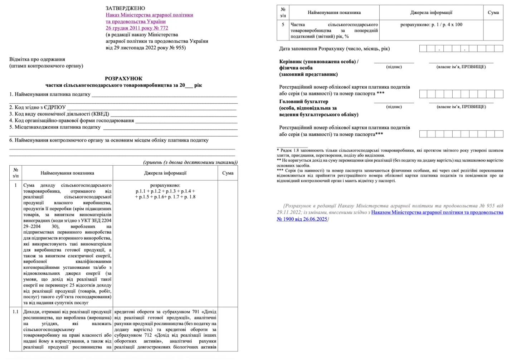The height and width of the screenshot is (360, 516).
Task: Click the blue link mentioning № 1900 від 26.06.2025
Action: pos(437,213)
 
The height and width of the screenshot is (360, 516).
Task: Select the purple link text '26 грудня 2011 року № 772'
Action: pos(137,28)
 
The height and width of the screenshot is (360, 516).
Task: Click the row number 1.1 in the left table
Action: pos(15,312)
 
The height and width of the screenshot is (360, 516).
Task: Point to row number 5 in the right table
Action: pos(283,25)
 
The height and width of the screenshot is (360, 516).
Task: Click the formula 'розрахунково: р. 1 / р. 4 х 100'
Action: pos(431,25)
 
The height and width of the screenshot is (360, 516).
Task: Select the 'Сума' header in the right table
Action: pos(493,13)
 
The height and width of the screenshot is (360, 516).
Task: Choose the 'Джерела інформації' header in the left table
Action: pos(165,173)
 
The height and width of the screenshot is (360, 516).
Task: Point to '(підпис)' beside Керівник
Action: pos(394,67)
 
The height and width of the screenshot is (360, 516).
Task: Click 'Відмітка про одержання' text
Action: pos(37,59)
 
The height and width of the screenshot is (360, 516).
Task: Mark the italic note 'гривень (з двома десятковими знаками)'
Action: pos(190,162)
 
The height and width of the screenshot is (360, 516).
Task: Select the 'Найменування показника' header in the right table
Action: pos(334,13)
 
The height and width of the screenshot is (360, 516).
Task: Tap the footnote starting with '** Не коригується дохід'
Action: pos(390,161)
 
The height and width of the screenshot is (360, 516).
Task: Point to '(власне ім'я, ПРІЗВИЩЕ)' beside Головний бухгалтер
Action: pos(461,107)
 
